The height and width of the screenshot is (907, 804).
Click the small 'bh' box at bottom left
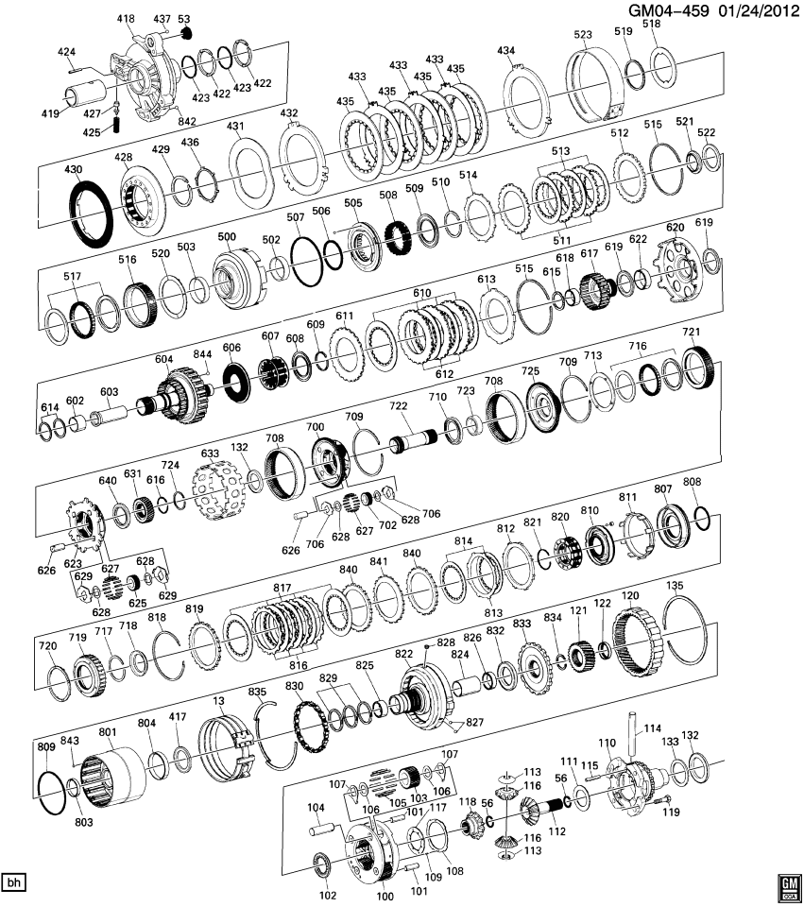(x=13, y=882)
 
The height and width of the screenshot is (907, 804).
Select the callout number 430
(x=73, y=168)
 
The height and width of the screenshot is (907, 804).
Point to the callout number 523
(x=582, y=34)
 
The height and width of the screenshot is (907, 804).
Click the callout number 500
(x=227, y=236)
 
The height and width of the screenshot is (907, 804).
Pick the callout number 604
(x=164, y=359)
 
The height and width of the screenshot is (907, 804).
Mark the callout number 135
(x=674, y=586)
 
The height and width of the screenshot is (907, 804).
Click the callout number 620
(x=675, y=228)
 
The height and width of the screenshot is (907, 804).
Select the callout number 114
(x=652, y=727)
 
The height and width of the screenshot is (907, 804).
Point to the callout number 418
(x=126, y=18)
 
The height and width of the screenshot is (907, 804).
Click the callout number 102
(x=328, y=894)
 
